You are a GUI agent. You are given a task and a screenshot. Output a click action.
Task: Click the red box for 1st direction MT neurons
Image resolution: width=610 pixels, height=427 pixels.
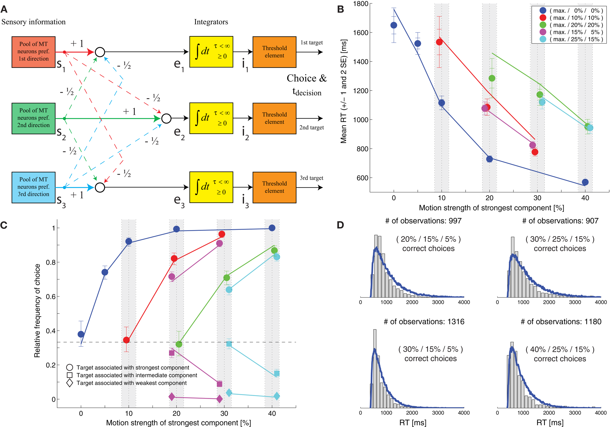(x=33, y=52)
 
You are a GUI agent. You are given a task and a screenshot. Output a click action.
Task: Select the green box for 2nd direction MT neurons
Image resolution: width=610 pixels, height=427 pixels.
(x=33, y=118)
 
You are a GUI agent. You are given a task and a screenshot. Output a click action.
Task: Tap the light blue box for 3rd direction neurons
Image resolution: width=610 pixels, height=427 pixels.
(x=33, y=187)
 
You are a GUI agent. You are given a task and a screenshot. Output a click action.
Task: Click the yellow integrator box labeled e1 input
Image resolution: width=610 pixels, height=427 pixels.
(x=211, y=52)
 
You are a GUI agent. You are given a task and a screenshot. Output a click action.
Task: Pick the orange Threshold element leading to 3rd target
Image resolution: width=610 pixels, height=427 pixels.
(x=274, y=187)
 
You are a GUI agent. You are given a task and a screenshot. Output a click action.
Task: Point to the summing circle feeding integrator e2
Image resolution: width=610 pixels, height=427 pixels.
(x=166, y=119)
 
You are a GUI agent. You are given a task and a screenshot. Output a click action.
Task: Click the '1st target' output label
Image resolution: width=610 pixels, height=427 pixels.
(x=311, y=42)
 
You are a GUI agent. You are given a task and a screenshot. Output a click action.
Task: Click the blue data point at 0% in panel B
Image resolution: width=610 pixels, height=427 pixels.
(x=394, y=25)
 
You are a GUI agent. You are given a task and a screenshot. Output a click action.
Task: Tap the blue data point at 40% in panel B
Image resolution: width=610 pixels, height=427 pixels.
(x=585, y=182)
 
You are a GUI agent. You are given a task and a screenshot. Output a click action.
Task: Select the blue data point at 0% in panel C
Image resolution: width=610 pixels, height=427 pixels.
(x=81, y=334)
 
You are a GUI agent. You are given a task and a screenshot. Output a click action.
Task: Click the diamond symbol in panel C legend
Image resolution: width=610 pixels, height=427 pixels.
(x=70, y=383)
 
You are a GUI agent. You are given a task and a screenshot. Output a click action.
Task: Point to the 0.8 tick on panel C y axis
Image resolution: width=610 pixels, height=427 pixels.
(x=51, y=262)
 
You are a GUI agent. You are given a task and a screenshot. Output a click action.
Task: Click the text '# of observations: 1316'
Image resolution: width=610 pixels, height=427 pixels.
(x=424, y=322)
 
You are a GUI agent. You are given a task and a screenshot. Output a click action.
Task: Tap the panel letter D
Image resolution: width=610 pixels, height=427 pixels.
(x=340, y=225)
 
